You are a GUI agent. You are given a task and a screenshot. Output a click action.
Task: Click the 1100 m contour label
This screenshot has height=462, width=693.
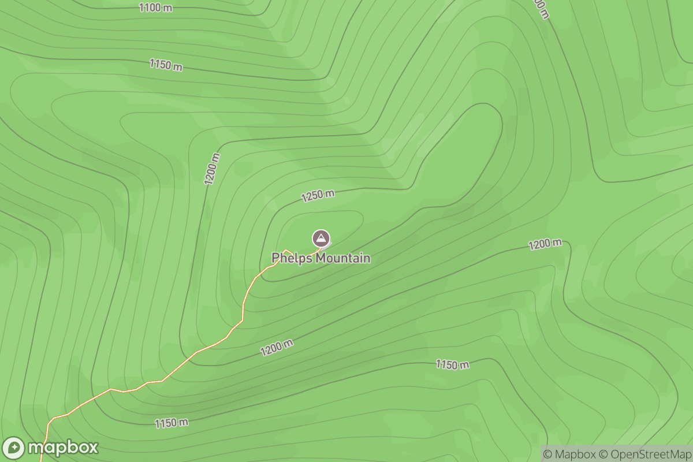(155, 8)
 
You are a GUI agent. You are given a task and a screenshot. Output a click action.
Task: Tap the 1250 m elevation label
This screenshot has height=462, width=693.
(318, 196)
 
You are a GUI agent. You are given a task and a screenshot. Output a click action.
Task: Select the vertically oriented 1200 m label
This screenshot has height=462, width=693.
(212, 169)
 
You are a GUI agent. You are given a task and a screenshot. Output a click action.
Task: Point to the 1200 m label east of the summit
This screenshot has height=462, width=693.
(545, 244)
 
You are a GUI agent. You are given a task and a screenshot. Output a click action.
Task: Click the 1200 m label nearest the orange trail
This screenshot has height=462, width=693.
(277, 347)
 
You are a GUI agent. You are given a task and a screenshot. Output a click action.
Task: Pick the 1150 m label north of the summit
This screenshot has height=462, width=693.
(166, 65)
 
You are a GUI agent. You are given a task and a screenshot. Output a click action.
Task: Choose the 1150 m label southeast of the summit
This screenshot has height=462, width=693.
(452, 364)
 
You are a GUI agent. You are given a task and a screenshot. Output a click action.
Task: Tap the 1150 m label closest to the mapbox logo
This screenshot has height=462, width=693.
(172, 423)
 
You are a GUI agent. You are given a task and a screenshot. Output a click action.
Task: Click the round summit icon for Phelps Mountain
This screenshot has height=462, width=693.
(321, 238)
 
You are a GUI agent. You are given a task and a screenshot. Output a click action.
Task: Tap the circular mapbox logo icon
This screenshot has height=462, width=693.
(14, 448)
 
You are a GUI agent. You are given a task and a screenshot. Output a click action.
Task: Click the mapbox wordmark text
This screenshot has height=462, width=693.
(63, 448)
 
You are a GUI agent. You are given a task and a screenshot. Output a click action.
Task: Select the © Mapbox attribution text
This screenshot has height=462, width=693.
(569, 454)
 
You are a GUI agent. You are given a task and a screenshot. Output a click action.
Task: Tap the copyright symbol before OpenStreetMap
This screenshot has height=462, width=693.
(603, 454)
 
